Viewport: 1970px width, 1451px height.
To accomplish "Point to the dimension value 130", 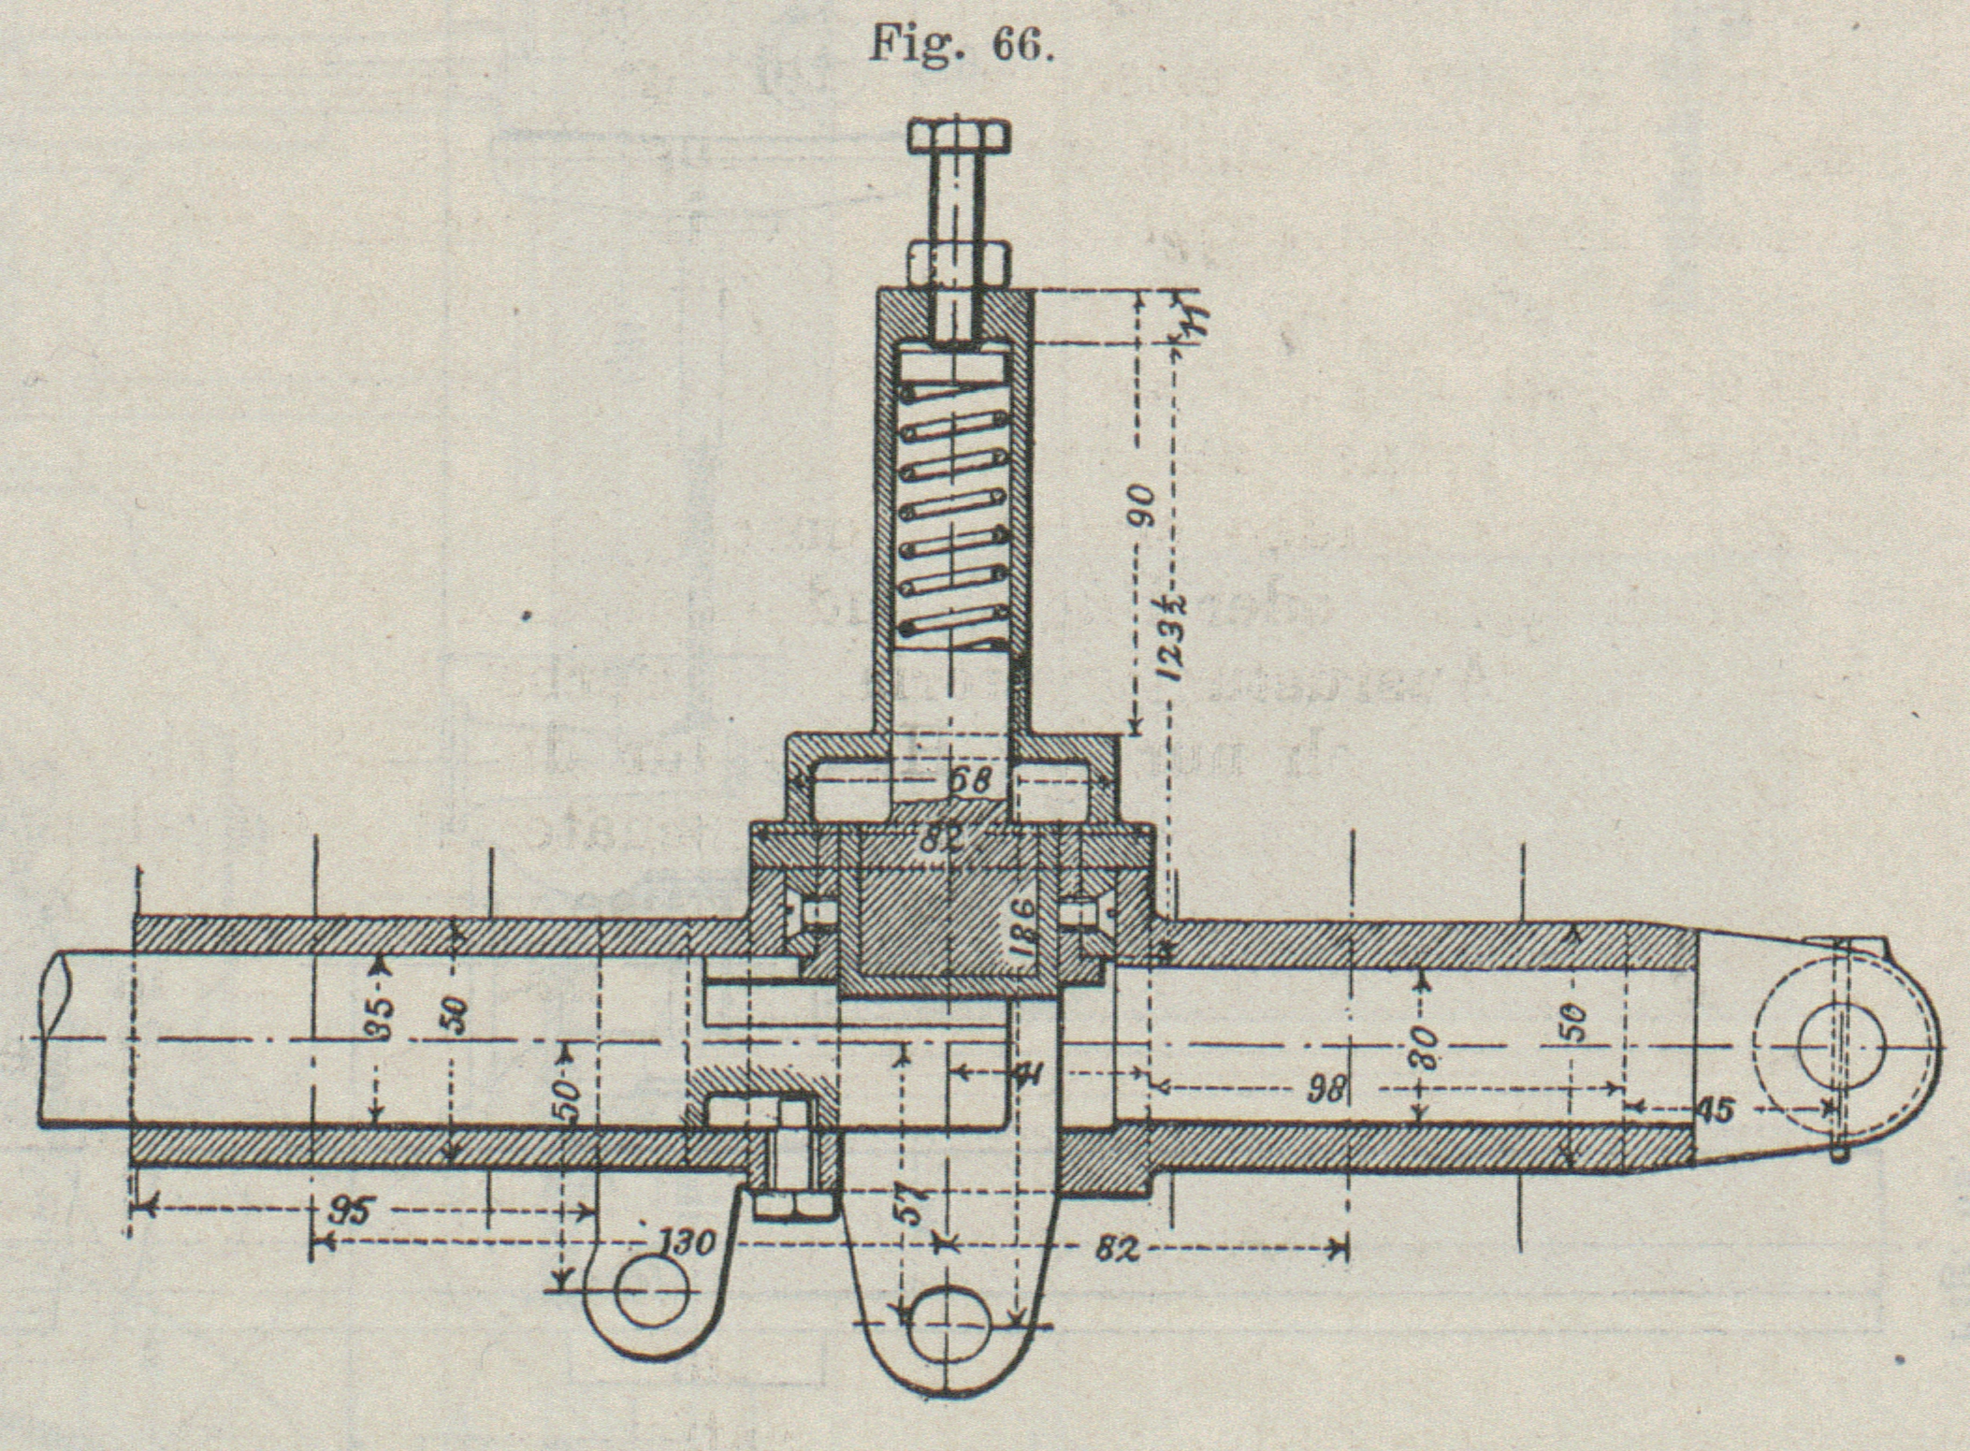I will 688,1243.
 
